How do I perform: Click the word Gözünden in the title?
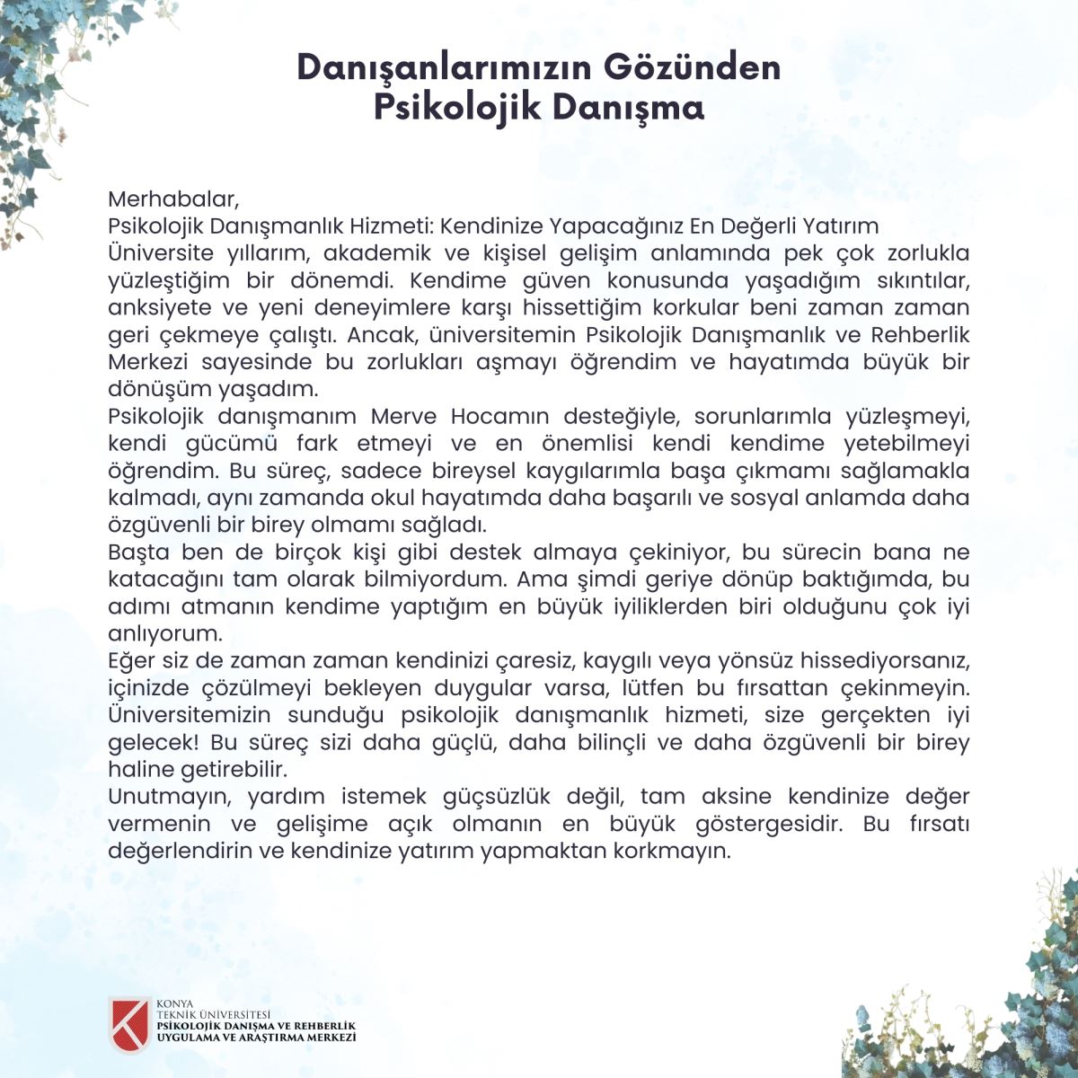coord(692,68)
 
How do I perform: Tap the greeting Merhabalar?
coord(173,198)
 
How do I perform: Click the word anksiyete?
coord(159,307)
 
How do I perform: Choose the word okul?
coord(395,498)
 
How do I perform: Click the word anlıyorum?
coord(163,633)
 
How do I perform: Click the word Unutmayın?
coord(172,796)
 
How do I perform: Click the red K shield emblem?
coord(128,1024)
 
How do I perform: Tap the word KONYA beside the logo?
coord(174,1003)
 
